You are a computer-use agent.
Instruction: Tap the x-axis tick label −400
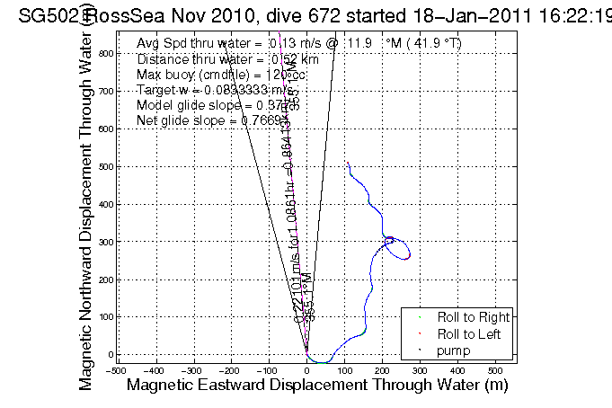click(153, 369)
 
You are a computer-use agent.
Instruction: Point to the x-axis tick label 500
click(495, 369)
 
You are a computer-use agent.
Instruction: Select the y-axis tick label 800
click(104, 53)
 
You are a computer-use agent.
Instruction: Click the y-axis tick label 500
click(104, 166)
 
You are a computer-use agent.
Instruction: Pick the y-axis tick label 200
click(104, 279)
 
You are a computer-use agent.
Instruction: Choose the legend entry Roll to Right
click(473, 317)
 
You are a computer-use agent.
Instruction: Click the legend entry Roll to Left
click(469, 333)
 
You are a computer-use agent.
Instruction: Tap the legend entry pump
click(454, 350)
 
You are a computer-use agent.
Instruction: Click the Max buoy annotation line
click(220, 75)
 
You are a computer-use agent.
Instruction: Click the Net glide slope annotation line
click(212, 120)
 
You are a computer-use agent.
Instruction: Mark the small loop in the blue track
click(397, 247)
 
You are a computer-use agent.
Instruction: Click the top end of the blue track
click(348, 163)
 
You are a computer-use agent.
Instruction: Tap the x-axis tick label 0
click(307, 369)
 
